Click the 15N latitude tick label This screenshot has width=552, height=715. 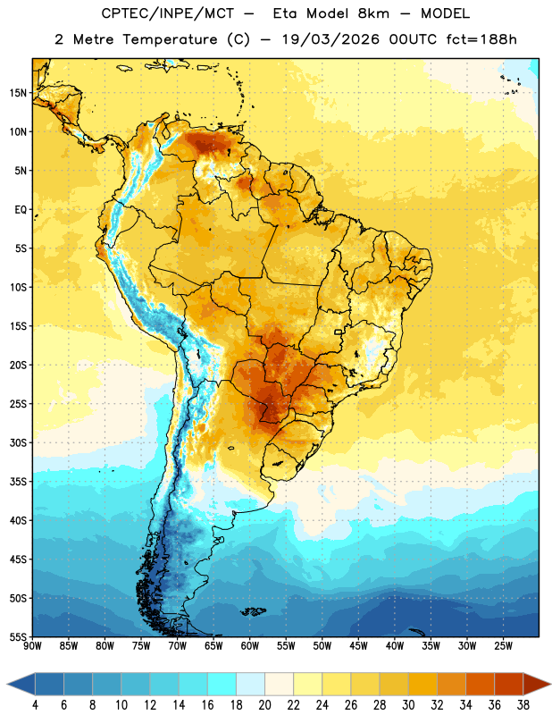point(18,93)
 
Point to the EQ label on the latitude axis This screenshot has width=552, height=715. point(21,210)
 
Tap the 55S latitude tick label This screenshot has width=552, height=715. point(18,637)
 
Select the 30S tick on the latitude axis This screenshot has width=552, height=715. point(18,442)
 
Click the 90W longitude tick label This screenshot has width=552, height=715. point(32,646)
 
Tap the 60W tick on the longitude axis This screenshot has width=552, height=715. point(250,646)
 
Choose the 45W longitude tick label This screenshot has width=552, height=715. point(358,646)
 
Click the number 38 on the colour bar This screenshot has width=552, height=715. point(523,705)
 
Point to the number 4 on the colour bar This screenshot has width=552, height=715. point(35,705)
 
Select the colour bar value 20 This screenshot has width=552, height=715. point(264,705)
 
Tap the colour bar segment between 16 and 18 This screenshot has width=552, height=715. point(222,684)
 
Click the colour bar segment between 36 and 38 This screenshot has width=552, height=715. point(509,684)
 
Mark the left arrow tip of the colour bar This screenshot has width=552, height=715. point(7,684)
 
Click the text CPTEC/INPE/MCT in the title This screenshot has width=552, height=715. point(168,13)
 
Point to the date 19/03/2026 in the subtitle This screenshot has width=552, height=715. point(330,39)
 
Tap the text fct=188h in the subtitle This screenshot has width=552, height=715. point(481,39)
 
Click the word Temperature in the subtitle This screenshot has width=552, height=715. point(170,40)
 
